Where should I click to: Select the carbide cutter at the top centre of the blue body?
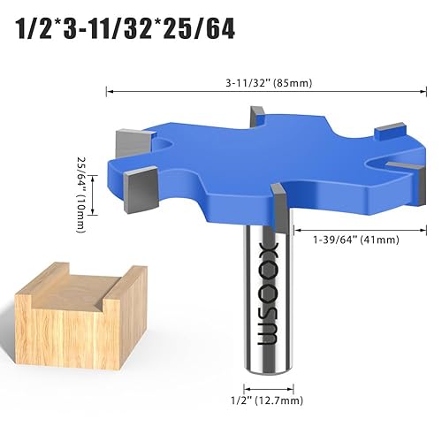258,117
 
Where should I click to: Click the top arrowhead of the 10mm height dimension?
88,152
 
